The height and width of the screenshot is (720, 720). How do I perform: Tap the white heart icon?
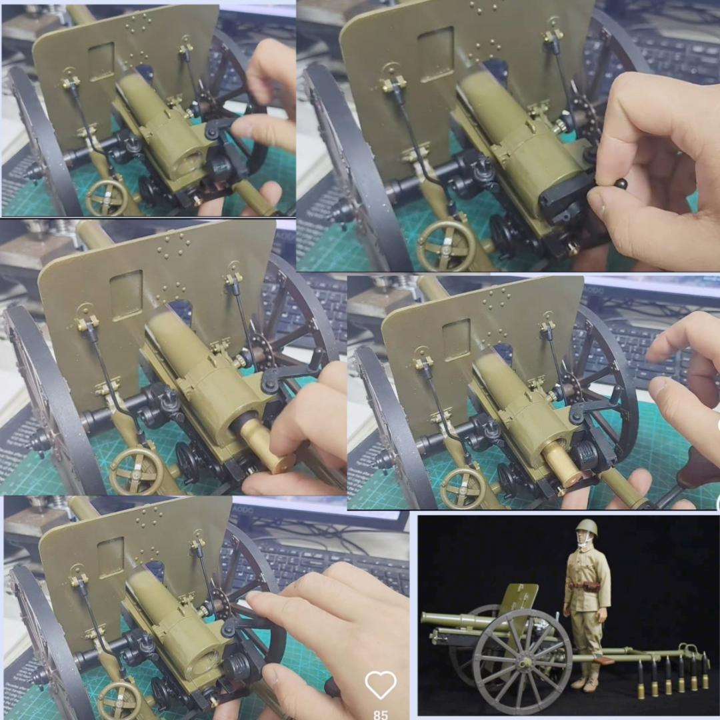click(x=381, y=685)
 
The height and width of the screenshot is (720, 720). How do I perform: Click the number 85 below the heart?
click(x=381, y=714)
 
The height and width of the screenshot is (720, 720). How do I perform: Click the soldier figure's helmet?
click(x=587, y=528)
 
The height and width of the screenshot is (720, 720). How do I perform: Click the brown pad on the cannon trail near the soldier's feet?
click(x=604, y=661)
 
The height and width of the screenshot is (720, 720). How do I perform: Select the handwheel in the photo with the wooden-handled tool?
click(x=461, y=489)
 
